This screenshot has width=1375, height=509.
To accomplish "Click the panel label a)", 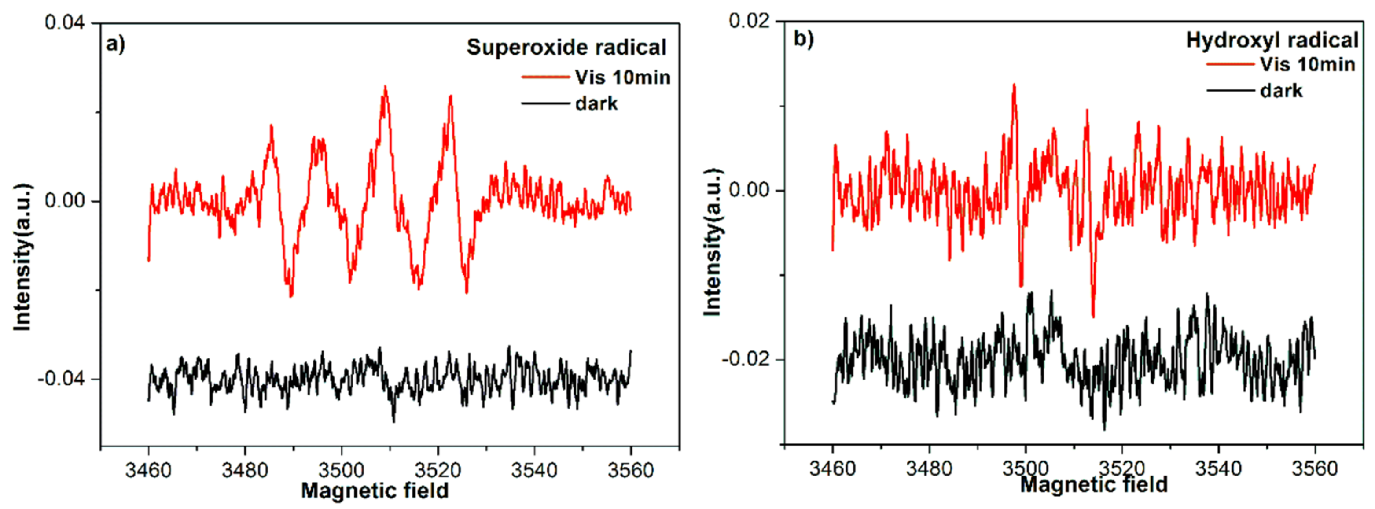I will point(115,44).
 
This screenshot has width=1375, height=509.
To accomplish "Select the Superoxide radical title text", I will point(566,48).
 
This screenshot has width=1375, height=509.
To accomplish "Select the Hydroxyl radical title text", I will point(1272,40).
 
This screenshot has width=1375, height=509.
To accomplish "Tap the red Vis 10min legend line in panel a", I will point(545,77).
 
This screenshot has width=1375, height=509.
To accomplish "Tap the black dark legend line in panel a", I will point(545,103).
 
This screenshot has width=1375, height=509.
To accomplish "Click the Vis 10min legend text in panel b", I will point(1307,65).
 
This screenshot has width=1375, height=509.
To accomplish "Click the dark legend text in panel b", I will point(1281,91).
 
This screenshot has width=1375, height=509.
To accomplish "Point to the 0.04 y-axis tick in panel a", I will point(65,23).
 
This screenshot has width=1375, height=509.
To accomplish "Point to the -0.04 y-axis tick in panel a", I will point(61,379).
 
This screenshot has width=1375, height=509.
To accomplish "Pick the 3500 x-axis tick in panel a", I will point(341,470).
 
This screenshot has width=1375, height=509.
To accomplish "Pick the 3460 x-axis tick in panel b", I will point(832,468).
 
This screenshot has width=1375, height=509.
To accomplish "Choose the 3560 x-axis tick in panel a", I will point(630,470).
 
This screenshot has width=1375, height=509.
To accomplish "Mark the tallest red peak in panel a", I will point(385,88).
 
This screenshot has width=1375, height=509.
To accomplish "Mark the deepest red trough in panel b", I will point(1093,316).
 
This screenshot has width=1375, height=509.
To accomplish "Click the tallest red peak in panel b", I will point(1014,85).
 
